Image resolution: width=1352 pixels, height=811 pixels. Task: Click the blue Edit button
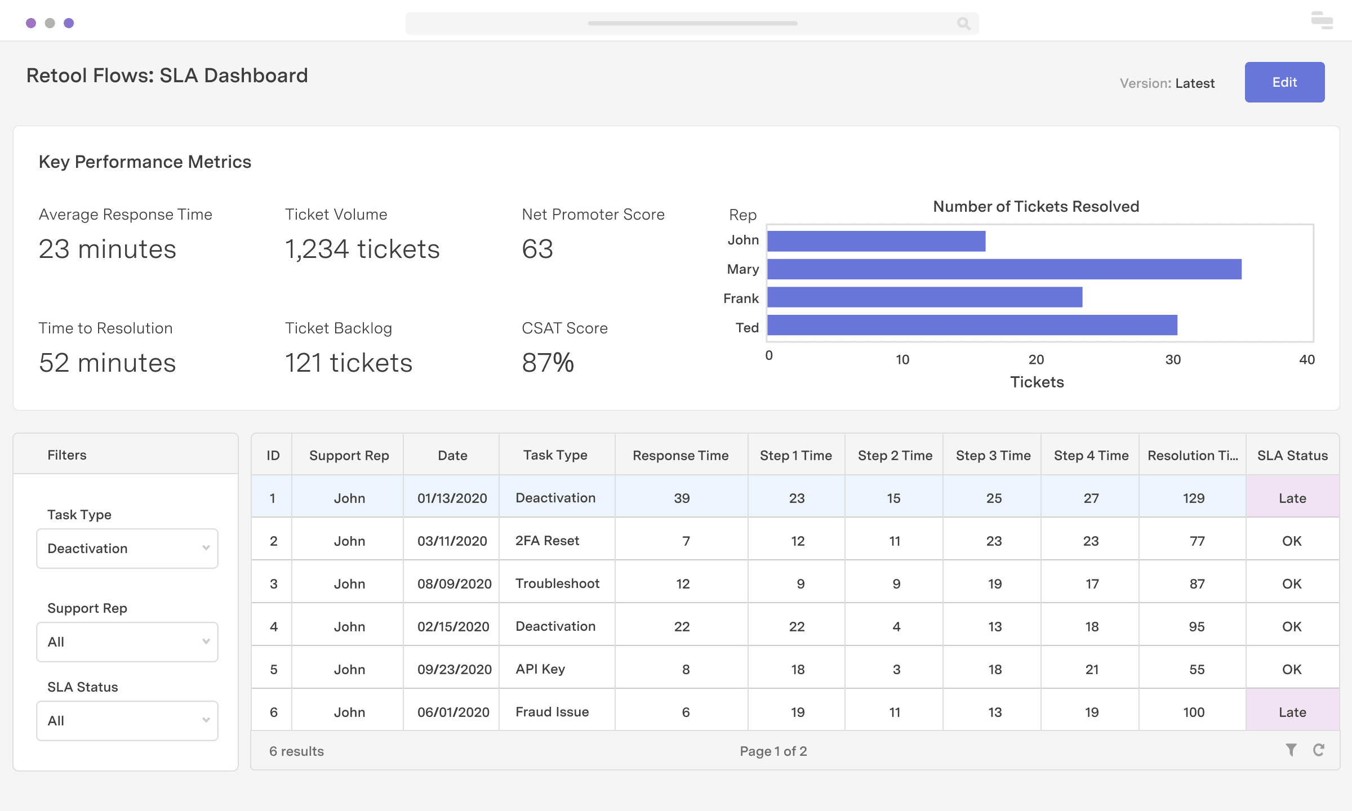(1284, 82)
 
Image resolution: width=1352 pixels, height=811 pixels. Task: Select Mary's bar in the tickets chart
(1004, 269)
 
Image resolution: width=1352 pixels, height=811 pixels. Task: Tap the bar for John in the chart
(876, 241)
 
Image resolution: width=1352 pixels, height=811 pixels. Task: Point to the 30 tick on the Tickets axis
(1173, 360)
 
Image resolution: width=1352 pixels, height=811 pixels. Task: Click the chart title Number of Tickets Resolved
(1035, 207)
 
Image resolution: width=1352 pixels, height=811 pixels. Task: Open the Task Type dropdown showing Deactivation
(127, 549)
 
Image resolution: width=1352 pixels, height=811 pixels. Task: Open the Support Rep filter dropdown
(127, 642)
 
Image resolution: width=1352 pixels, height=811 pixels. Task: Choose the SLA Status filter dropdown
(127, 721)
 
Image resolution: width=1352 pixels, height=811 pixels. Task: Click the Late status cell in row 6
(1292, 712)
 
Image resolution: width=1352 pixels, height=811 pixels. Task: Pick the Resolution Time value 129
(1193, 498)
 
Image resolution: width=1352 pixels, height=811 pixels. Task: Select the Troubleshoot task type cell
(557, 583)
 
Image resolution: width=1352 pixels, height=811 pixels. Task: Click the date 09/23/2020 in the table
(454, 669)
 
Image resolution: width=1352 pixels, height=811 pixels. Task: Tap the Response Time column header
(680, 456)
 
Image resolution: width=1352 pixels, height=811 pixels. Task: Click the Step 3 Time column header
(993, 456)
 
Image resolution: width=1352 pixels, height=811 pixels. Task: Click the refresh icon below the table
(1318, 750)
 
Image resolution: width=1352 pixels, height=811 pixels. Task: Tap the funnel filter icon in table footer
(1291, 750)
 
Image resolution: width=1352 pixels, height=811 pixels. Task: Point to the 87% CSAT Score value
(548, 363)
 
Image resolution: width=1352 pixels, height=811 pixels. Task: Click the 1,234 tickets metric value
(362, 249)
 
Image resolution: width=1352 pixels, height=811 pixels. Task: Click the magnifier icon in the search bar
(963, 24)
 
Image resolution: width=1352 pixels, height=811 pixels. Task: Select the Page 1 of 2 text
(773, 751)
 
